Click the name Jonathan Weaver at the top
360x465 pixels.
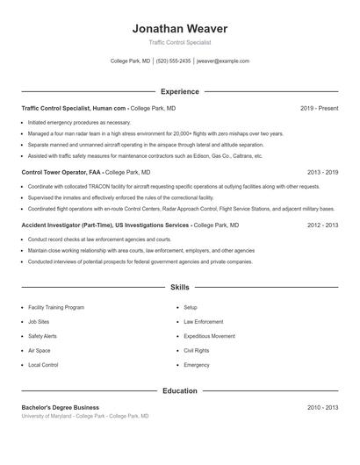(x=180, y=27)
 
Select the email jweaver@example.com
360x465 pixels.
(x=223, y=61)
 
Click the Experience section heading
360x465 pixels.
(x=180, y=91)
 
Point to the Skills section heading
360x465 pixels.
(x=180, y=287)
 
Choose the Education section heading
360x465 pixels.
(x=180, y=390)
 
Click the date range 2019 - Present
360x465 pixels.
(x=319, y=108)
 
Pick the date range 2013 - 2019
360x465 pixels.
(x=322, y=173)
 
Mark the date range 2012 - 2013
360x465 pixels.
(x=322, y=225)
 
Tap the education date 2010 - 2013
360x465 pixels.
(x=322, y=407)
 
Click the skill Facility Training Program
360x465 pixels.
(x=56, y=308)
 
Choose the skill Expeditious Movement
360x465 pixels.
(x=209, y=336)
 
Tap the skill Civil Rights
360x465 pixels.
(x=196, y=350)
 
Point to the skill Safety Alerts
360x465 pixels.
(x=42, y=336)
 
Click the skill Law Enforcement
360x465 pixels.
(x=204, y=322)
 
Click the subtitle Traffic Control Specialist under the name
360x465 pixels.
(x=180, y=42)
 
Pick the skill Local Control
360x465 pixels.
(x=43, y=364)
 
